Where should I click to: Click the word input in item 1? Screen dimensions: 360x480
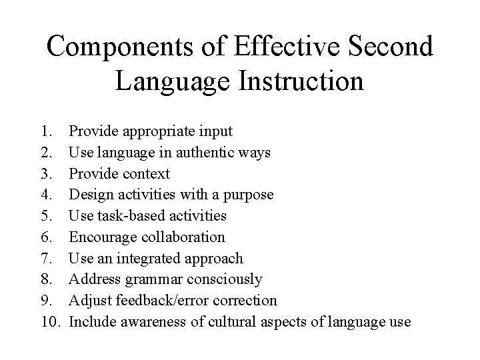(214, 131)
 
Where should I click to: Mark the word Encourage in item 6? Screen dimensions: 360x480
(101, 237)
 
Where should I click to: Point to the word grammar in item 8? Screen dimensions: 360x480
(143, 280)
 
